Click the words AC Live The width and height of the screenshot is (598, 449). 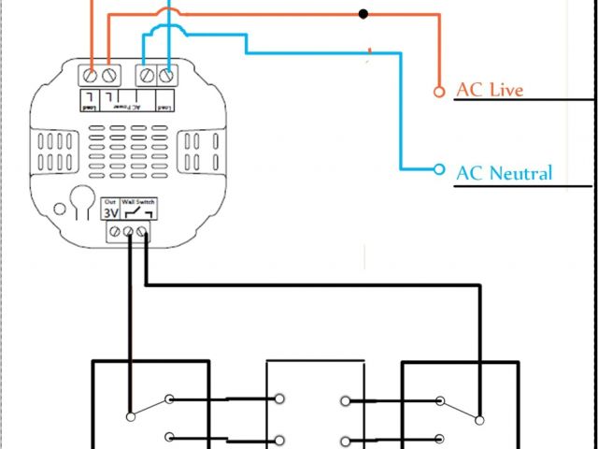pos(489,90)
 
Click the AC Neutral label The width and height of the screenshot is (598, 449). pos(504,172)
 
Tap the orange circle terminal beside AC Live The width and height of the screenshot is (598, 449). pos(438,92)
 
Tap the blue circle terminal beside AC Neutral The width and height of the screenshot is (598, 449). pos(438,169)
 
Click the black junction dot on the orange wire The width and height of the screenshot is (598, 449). pos(363,14)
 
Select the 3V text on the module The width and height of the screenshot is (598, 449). pos(110,212)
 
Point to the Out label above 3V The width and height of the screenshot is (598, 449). pos(110,202)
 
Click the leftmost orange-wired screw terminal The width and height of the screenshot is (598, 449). pos(93,73)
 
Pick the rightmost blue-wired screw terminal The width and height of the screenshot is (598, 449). pos(168,73)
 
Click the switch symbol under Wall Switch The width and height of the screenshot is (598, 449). pos(136,214)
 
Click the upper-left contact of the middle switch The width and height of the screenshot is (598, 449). pos(278,400)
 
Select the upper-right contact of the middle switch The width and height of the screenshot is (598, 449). pos(346,401)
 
